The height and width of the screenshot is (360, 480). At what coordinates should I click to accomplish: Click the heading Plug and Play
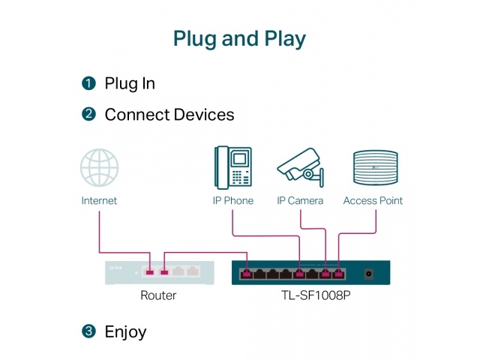pos(239,38)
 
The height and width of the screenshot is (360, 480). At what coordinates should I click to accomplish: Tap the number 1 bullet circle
pos(89,83)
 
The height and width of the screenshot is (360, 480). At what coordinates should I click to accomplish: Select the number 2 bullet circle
pos(89,115)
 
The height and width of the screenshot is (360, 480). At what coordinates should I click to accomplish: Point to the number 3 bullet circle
pos(89,331)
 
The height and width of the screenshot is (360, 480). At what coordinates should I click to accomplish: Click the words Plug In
pos(130,83)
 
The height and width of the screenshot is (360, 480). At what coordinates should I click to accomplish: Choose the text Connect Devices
pos(169,115)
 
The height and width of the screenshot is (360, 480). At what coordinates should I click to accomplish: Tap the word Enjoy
pos(125,331)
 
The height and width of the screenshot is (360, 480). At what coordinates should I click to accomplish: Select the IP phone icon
pos(232,166)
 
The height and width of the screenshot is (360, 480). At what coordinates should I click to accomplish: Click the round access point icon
pos(373,168)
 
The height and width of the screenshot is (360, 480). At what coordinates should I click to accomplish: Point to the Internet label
pos(99,201)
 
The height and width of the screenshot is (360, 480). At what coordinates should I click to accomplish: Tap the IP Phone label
pos(232,201)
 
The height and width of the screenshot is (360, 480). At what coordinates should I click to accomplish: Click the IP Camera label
pos(300,201)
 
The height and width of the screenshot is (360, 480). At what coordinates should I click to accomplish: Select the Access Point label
pos(373,201)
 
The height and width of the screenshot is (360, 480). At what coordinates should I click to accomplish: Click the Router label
pos(158,295)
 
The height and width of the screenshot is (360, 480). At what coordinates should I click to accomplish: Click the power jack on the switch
pos(368,273)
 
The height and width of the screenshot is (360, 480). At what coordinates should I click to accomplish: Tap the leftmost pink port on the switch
pos(247,273)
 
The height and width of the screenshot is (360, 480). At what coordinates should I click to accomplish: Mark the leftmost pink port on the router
pos(151,272)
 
